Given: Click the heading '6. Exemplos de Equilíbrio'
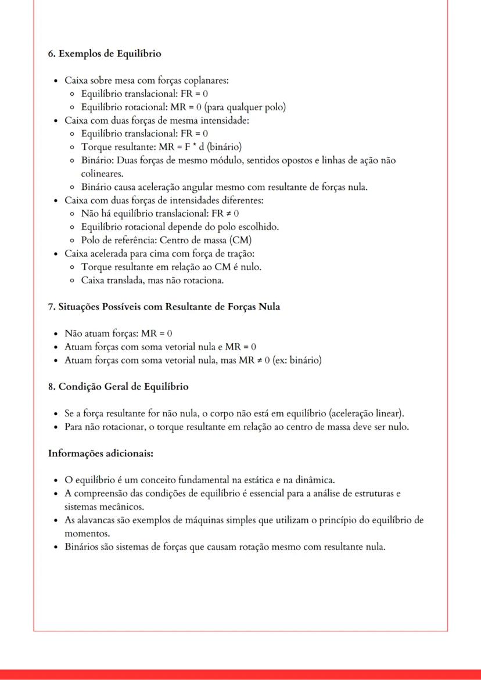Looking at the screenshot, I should [105, 54].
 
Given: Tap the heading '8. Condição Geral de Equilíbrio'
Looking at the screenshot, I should [118, 386].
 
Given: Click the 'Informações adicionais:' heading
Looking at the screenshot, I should [100, 453].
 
